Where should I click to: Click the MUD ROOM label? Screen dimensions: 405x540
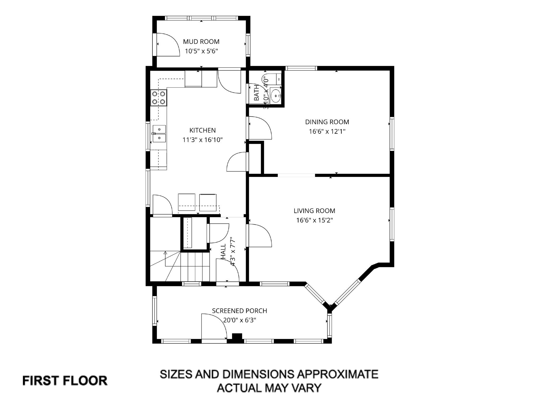point(201,42)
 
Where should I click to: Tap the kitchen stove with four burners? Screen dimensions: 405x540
point(159,98)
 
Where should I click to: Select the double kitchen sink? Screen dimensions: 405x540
point(159,134)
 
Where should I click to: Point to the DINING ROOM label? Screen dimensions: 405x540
point(327,122)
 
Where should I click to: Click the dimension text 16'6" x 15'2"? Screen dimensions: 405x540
point(314,220)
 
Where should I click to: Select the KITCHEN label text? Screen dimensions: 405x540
point(202,130)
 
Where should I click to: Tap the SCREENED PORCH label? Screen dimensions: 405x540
point(239,311)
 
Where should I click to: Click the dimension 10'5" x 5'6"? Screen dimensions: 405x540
point(201,51)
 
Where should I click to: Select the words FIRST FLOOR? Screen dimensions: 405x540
point(65,381)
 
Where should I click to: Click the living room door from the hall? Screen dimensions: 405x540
point(260,235)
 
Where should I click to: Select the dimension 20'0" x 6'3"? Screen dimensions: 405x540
point(240,320)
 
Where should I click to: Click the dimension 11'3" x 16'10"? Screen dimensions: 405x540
point(202,140)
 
